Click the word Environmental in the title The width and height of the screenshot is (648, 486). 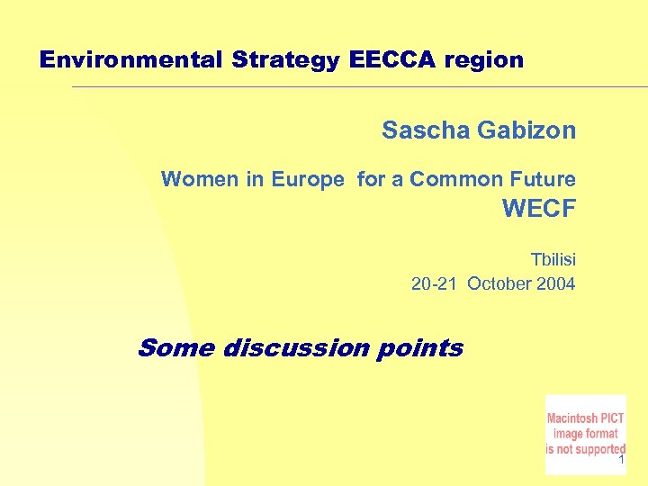click(132, 60)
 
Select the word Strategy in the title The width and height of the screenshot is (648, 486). click(286, 60)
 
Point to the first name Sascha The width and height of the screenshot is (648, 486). click(426, 130)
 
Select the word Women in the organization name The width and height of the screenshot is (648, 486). click(200, 179)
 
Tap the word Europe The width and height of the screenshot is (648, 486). click(308, 180)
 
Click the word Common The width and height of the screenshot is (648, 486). click(449, 179)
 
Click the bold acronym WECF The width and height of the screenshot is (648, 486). click(538, 210)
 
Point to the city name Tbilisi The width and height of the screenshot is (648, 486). click(553, 260)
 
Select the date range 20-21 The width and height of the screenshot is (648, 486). click(436, 284)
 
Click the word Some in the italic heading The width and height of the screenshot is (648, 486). click(175, 347)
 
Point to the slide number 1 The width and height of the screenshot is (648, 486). click(621, 461)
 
